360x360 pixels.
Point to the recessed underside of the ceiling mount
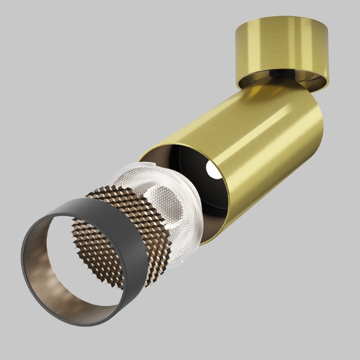(282, 79)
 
